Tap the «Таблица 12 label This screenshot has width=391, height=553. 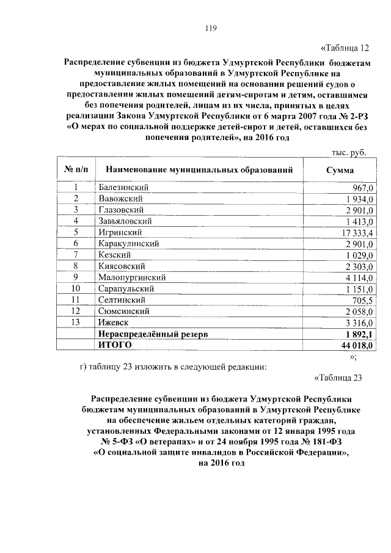tap(345, 48)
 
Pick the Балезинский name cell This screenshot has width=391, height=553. tap(123, 187)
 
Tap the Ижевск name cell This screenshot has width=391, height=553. tap(113, 323)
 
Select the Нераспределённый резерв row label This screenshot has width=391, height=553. tap(153, 334)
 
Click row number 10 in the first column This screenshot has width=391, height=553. tap(76, 288)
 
